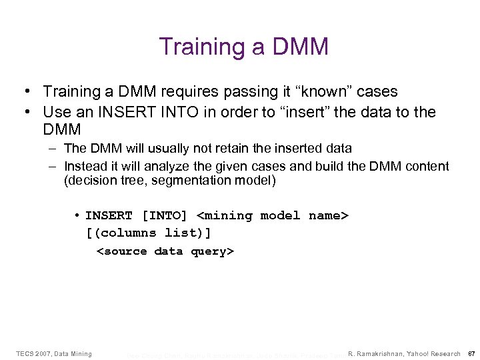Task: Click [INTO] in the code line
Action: click(x=165, y=216)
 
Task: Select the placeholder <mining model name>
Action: click(x=273, y=216)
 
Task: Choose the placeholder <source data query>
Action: click(x=165, y=251)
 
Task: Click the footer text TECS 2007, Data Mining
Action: click(x=53, y=353)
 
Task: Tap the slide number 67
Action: click(x=470, y=353)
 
